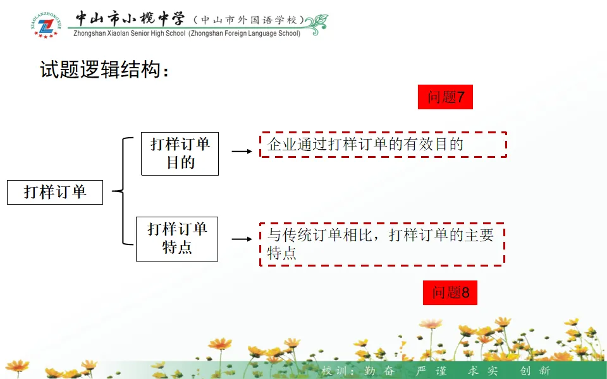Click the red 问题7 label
point(445,97)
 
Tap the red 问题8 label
point(450,293)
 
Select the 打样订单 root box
point(55,191)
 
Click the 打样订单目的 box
point(180,153)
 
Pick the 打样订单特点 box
point(177,238)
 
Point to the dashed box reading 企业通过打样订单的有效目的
point(383,145)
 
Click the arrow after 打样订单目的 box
point(242,152)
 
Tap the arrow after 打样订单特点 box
point(242,239)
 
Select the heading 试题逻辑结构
point(105,69)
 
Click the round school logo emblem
point(45,25)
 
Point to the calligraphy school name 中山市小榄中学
point(130,19)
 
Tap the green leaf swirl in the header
point(316,24)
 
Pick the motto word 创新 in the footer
point(535,371)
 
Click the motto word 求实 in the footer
point(482,371)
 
